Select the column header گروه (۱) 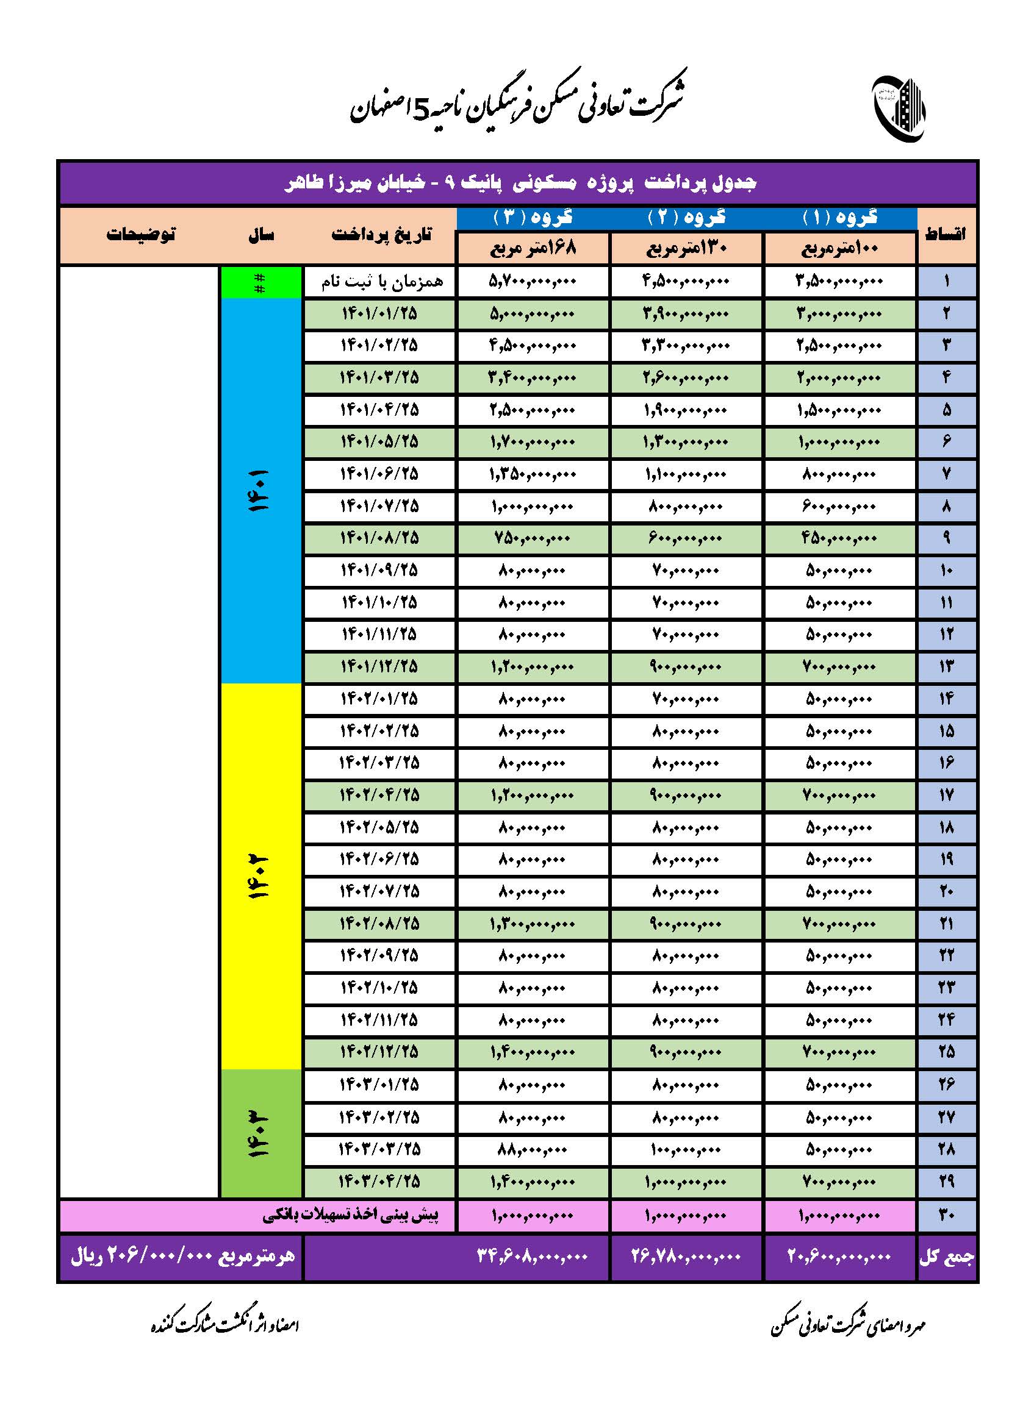839,218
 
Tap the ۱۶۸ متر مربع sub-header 533,248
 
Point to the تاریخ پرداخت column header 380,235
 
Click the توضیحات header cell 140,235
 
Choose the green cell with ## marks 260,282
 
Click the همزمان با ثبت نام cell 380,282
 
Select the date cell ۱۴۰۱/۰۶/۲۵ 379,474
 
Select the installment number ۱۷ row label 946,795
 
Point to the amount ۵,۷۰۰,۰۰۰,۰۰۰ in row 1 533,282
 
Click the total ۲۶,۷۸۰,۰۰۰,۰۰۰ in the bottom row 685,1257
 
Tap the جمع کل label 946,1257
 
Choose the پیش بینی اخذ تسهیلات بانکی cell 350,1216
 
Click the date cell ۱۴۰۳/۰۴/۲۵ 379,1181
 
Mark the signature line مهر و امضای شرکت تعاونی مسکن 848,1326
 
